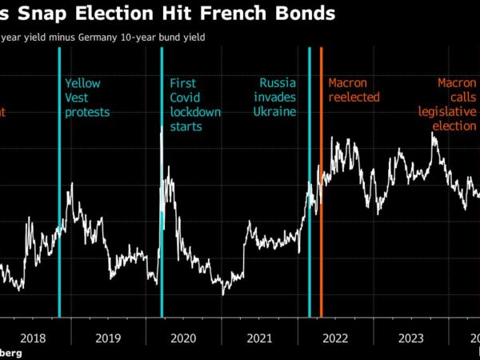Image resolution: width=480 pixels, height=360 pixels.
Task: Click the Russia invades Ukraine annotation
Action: pos(278,97)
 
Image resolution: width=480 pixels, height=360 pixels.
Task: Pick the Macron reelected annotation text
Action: pos(354,90)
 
